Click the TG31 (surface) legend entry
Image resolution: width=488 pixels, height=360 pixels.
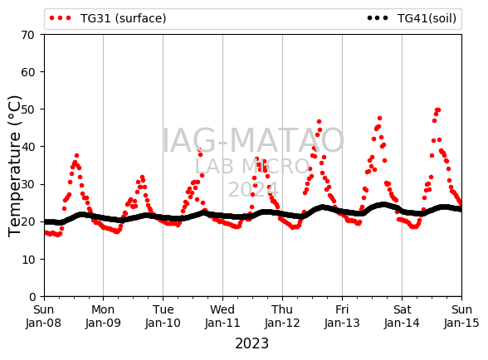tap(108, 18)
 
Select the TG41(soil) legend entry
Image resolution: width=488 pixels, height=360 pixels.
tap(412, 18)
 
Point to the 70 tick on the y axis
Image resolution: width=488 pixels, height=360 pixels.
tap(28, 35)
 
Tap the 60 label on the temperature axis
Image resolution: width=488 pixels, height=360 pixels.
tap(28, 72)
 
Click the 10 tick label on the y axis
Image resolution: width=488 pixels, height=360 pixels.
tap(28, 260)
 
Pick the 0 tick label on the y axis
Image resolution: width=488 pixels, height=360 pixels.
tap(32, 297)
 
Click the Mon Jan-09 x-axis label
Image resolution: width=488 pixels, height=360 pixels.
tap(103, 316)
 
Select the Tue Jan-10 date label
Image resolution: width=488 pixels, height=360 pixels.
tap(163, 316)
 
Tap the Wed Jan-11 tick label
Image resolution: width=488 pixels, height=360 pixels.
tap(222, 316)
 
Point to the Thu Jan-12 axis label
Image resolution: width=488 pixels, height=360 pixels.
tap(282, 316)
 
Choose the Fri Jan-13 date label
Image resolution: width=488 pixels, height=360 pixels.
tap(342, 316)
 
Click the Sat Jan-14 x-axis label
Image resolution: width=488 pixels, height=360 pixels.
tap(402, 316)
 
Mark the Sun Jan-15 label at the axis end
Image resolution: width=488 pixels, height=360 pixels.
tap(461, 316)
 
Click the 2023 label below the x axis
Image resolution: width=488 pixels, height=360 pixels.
tap(251, 343)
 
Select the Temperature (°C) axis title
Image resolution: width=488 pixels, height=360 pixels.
tap(14, 166)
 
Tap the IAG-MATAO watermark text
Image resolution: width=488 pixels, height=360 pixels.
tap(253, 141)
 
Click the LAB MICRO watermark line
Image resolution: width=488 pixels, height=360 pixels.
tap(252, 166)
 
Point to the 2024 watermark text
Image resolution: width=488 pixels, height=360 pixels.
tap(253, 189)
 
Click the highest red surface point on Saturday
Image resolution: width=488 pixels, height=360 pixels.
tap(438, 109)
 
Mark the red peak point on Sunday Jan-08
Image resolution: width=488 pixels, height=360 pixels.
tap(76, 156)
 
